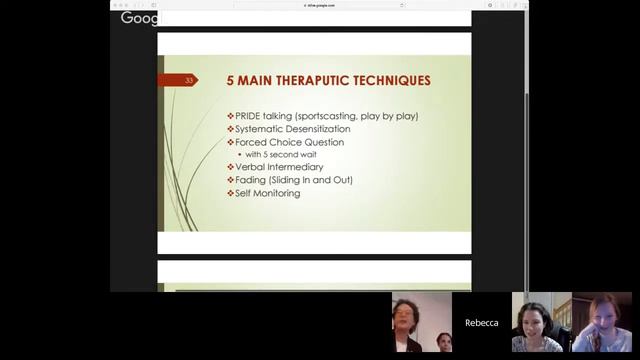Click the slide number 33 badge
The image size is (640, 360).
[189, 81]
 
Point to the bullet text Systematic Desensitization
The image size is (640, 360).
[294, 129]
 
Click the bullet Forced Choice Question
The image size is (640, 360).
[289, 142]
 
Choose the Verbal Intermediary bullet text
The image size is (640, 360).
[279, 168]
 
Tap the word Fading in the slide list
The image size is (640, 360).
[250, 180]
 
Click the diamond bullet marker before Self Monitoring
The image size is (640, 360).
[230, 193]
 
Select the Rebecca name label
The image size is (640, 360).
[481, 323]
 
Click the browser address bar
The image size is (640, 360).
[319, 5]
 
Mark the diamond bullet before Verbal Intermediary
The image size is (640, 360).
[230, 168]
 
